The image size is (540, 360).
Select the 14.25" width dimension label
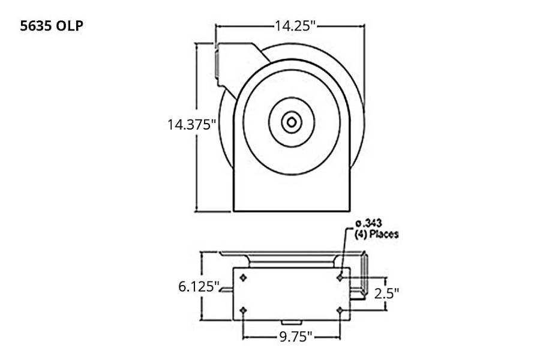(295, 26)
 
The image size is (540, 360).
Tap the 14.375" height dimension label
(191, 125)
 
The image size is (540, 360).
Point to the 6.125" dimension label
(198, 286)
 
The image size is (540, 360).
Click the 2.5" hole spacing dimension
(386, 293)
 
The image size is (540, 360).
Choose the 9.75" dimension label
(293, 337)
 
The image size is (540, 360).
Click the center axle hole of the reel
(291, 122)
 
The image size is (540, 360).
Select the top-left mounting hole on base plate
(242, 277)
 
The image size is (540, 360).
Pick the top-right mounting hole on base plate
(340, 277)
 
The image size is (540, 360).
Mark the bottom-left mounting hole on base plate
(242, 310)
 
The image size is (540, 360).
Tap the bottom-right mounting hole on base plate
(340, 310)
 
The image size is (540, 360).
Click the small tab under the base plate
(291, 325)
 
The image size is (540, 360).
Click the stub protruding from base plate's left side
(226, 291)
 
